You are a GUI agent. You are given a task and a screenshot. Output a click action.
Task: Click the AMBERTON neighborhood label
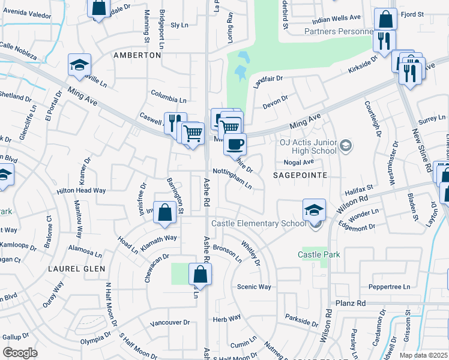tap(137, 55)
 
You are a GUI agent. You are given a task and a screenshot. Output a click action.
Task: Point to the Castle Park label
tap(319, 254)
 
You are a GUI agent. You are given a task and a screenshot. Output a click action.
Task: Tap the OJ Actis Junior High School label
tap(308, 147)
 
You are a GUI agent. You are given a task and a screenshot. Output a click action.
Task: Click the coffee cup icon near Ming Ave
tap(235, 143)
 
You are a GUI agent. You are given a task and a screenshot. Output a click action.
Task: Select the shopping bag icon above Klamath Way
tap(164, 212)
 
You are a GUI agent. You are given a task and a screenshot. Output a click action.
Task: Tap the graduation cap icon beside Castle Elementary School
tap(314, 210)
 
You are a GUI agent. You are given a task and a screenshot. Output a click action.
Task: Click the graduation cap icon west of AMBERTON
tap(79, 65)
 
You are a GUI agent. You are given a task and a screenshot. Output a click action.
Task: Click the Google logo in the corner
tap(20, 353)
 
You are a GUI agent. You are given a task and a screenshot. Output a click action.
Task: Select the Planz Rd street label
tap(351, 304)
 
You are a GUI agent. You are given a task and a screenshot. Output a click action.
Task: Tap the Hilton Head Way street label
tap(81, 190)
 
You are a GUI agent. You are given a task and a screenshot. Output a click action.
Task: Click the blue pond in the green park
tap(242, 65)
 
